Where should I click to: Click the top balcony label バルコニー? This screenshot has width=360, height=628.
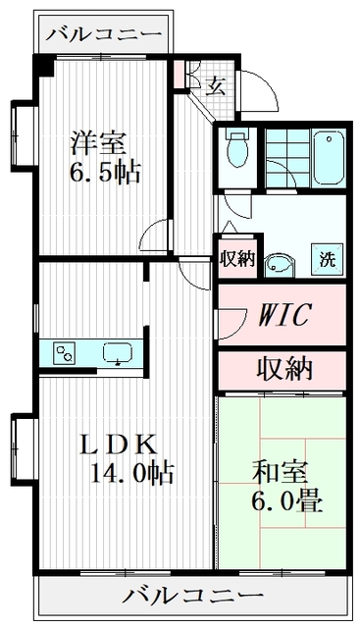point(102,34)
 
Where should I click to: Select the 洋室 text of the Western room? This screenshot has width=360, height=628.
point(98,141)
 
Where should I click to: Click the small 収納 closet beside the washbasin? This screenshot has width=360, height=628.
point(236,259)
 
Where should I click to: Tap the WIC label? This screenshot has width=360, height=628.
point(285,314)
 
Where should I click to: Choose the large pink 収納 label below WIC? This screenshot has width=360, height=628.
point(284,369)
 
